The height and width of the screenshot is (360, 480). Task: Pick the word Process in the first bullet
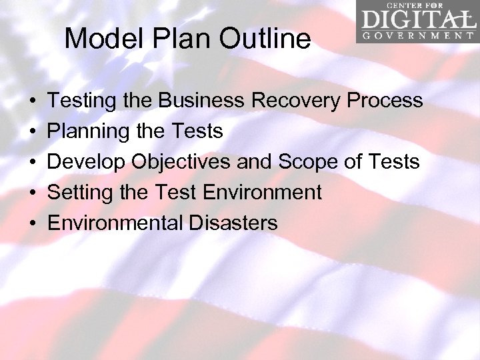[385, 101]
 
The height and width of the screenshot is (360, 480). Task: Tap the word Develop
[87, 162]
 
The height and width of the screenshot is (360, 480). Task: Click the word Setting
[79, 193]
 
